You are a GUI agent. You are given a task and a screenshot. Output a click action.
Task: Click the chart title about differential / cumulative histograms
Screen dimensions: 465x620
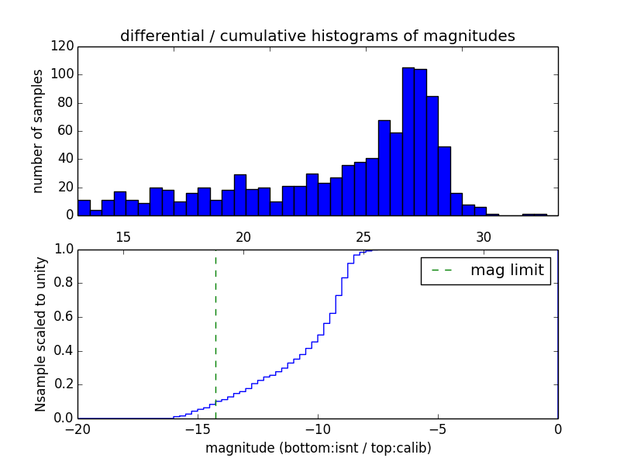pos(317,36)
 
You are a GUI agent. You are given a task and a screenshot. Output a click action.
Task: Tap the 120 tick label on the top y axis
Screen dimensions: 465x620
pos(64,46)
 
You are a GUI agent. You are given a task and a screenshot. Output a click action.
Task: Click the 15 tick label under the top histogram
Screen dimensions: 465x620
pos(123,236)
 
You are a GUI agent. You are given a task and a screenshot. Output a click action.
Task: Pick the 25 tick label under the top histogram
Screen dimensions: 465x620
pos(363,236)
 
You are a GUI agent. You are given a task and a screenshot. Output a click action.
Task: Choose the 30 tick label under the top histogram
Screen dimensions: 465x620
pos(484,236)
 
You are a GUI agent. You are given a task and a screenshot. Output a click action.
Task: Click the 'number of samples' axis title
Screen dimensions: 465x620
pos(38,131)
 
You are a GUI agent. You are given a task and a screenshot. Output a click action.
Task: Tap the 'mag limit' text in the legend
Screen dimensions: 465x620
pos(507,270)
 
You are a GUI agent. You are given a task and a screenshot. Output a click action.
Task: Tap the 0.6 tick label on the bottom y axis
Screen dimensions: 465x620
pos(64,317)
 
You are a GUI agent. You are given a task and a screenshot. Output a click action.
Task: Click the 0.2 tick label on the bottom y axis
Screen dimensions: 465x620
pos(64,384)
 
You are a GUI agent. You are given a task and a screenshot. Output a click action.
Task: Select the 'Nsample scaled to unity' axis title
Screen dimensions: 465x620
pos(40,334)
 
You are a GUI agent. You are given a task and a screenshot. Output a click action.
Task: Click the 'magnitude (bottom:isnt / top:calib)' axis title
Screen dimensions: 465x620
pos(318,448)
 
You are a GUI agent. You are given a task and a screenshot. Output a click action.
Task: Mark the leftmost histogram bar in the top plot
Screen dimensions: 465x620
pos(84,208)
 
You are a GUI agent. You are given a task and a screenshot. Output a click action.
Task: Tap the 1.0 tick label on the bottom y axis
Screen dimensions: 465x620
pos(64,250)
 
